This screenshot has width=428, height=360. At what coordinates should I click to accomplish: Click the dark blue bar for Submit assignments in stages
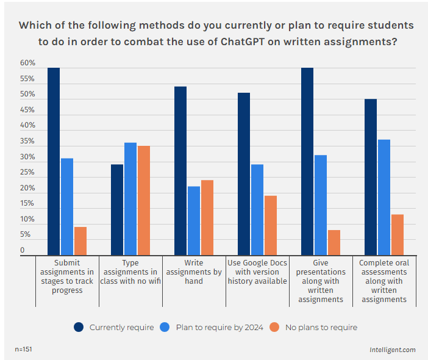tap(54, 161)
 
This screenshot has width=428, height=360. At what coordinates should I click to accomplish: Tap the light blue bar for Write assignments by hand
tap(193, 220)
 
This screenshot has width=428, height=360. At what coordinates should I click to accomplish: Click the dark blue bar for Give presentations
tap(307, 161)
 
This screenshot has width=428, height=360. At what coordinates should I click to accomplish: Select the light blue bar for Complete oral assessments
tap(383, 197)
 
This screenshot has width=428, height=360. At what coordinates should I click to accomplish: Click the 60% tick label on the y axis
tap(27, 63)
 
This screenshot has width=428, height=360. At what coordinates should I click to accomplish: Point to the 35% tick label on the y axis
tap(27, 142)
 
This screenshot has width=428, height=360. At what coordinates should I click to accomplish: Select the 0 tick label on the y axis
tap(23, 250)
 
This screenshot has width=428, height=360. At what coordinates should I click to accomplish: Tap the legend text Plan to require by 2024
tap(219, 327)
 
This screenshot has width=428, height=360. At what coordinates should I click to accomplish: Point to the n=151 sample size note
tap(23, 350)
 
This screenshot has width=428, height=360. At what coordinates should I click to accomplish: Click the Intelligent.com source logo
tap(392, 350)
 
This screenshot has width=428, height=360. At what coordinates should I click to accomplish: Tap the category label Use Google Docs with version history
tap(257, 272)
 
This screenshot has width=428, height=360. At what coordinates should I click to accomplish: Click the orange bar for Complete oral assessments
tap(397, 234)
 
